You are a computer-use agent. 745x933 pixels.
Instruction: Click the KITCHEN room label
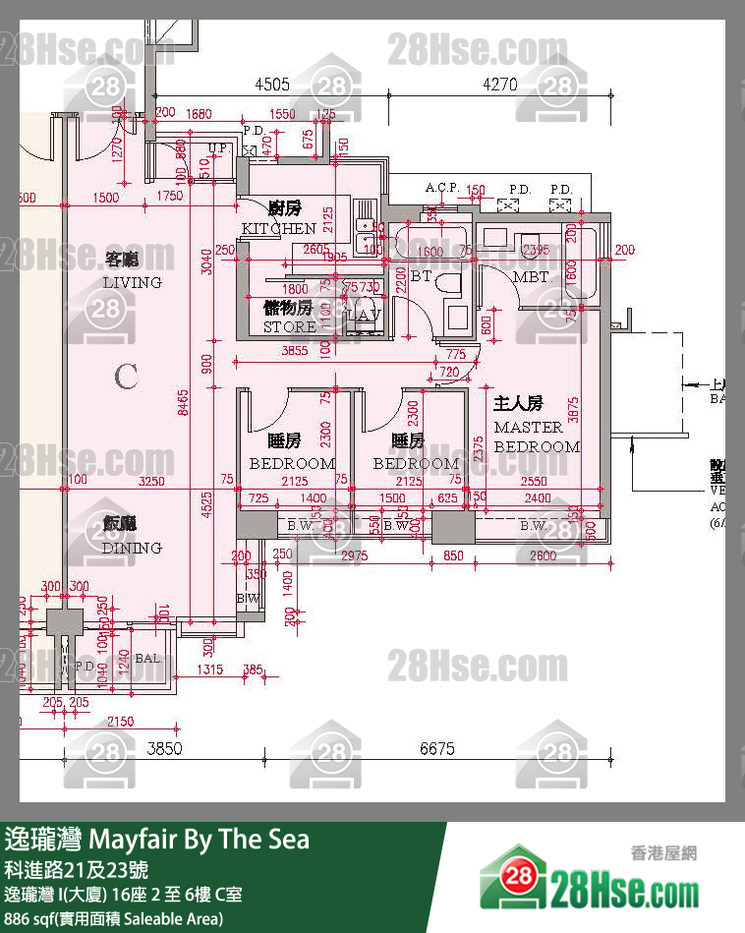[278, 228]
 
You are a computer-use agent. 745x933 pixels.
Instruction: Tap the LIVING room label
[132, 282]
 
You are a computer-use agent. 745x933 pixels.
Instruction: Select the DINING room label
[132, 548]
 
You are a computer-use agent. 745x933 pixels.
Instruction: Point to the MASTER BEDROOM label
[536, 437]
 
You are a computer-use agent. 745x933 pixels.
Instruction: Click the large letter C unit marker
[125, 376]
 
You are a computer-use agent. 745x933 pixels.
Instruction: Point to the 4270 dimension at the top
[499, 85]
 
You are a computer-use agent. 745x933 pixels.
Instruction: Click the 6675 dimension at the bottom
[437, 748]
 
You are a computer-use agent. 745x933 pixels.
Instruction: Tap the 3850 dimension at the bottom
[166, 748]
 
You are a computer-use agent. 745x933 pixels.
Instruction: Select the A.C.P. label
[441, 189]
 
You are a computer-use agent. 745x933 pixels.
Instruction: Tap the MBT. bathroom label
[532, 277]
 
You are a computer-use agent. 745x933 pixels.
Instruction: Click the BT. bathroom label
[422, 277]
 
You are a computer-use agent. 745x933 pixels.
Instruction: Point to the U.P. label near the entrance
[219, 148]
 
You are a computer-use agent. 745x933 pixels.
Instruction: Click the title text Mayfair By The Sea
[199, 840]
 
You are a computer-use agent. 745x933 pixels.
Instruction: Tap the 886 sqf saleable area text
[113, 918]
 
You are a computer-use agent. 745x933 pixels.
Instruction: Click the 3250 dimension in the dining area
[151, 482]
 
